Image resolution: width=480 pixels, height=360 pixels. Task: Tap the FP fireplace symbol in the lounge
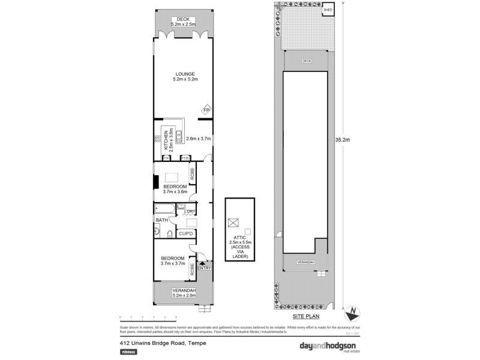[x=206, y=110]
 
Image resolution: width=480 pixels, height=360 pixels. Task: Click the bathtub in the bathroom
[x=164, y=209]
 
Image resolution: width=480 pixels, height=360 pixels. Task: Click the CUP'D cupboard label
[x=186, y=233]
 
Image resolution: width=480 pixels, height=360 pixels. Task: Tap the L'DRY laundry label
[x=191, y=211]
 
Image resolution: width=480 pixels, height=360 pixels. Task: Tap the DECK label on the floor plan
[x=183, y=19]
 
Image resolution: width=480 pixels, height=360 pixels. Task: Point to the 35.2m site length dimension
[x=342, y=139]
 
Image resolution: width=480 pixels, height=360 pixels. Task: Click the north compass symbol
[x=353, y=312]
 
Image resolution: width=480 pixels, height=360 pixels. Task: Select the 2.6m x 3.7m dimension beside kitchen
[x=199, y=139]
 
